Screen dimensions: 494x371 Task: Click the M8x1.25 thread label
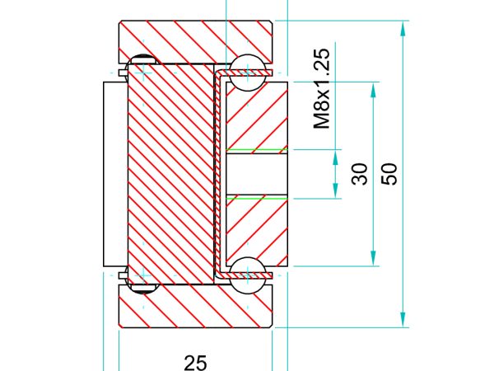click(x=322, y=89)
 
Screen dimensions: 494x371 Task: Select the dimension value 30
click(x=360, y=174)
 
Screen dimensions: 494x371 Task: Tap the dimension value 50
click(x=389, y=174)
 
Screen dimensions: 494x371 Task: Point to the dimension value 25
click(x=195, y=363)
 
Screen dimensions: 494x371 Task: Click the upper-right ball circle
click(x=248, y=73)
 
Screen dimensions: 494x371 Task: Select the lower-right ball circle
click(x=248, y=275)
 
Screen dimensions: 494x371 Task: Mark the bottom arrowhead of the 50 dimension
click(x=373, y=258)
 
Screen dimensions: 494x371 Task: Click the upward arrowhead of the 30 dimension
click(x=335, y=157)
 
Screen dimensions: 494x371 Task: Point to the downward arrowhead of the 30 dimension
click(x=335, y=190)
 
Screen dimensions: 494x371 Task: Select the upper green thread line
click(x=257, y=149)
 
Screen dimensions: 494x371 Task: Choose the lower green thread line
click(x=257, y=199)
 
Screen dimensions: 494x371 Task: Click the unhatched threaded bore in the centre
click(x=257, y=174)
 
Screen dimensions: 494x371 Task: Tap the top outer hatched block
click(x=195, y=42)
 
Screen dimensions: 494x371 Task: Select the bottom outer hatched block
click(x=195, y=306)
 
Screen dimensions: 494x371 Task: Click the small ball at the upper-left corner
click(x=142, y=59)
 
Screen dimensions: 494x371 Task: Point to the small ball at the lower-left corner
click(x=142, y=289)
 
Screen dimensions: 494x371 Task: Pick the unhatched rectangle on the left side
click(x=115, y=174)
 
